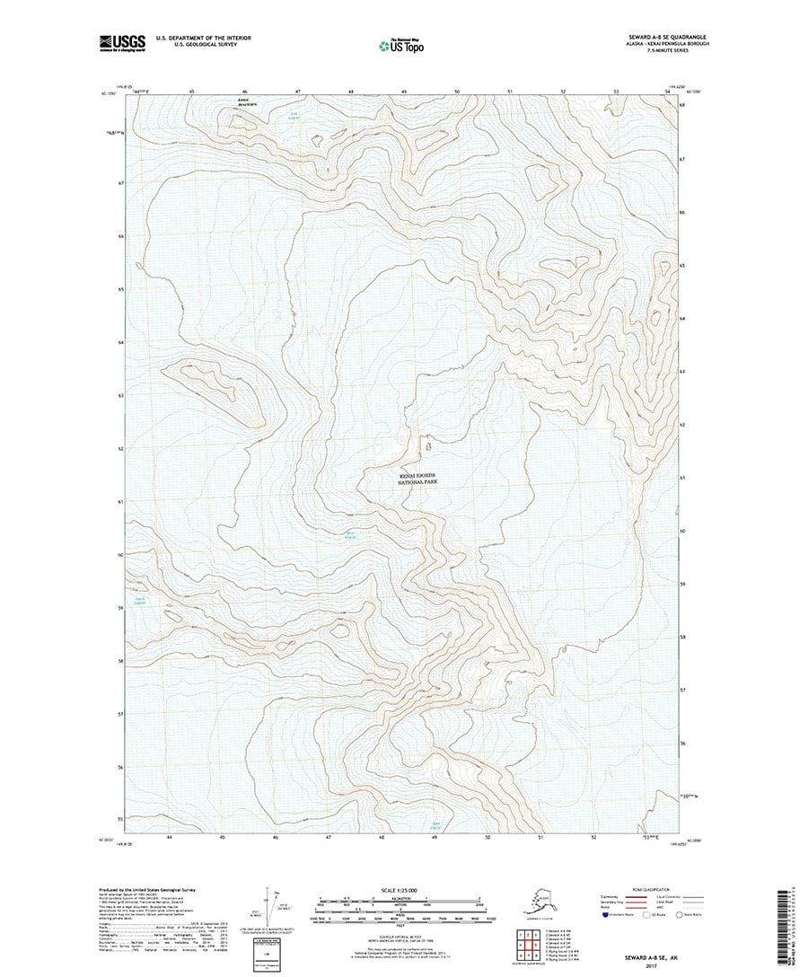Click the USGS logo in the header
tap(122, 41)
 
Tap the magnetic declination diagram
tap(269, 916)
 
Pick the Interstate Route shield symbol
tap(605, 916)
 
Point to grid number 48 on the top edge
tap(351, 92)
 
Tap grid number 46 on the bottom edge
tap(276, 836)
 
